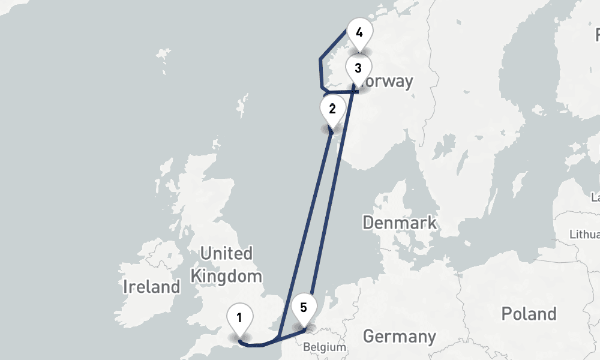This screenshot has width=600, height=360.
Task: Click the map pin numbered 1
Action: click(x=239, y=319)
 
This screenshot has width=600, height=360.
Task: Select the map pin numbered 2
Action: click(x=332, y=110)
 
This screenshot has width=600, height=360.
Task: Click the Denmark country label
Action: click(x=400, y=223)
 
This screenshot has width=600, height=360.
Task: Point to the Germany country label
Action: click(x=399, y=336)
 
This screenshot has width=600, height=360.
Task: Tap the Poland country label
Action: click(x=529, y=313)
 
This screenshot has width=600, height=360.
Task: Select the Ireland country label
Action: click(x=151, y=287)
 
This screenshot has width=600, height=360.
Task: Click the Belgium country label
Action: click(x=325, y=347)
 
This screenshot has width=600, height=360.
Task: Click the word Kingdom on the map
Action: click(x=226, y=277)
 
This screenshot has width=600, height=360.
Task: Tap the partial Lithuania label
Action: click(x=586, y=234)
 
